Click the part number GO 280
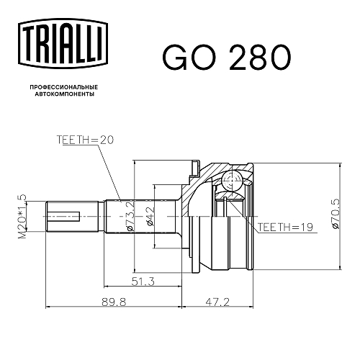tap(227, 58)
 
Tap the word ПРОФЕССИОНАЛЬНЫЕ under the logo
tap(64, 87)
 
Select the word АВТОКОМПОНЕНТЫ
tap(64, 94)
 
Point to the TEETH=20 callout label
tap(85, 140)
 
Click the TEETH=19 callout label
tap(285, 227)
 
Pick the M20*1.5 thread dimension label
tap(22, 217)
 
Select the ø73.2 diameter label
tap(130, 216)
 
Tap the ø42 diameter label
tap(150, 216)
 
